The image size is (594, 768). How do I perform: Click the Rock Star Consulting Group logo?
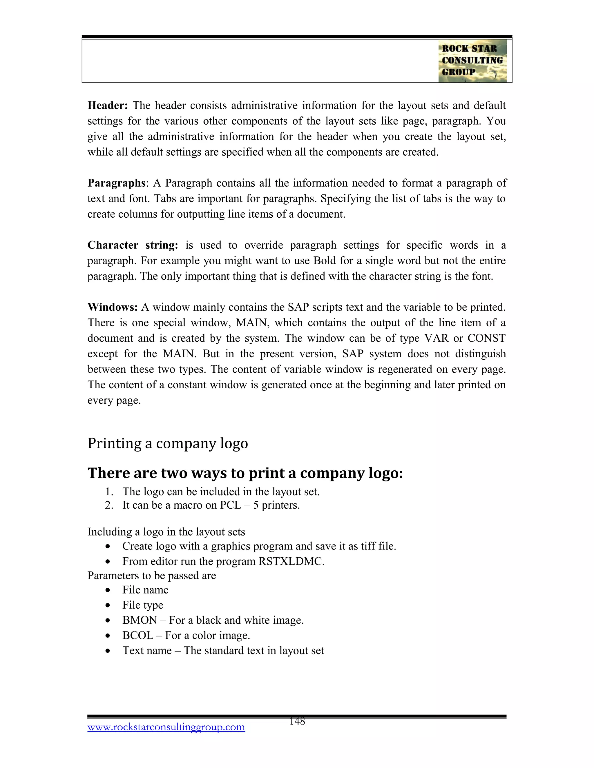(x=472, y=61)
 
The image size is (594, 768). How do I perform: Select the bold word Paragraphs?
(x=116, y=183)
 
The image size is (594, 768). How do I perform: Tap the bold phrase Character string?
(x=133, y=245)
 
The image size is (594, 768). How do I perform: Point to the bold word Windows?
(x=112, y=307)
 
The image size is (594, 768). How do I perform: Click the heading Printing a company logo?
(x=168, y=443)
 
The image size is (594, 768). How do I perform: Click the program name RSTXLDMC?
(x=291, y=561)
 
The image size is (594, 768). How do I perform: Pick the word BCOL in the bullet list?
(x=137, y=636)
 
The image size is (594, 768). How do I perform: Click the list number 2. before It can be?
(x=109, y=505)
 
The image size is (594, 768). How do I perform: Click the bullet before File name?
(x=108, y=590)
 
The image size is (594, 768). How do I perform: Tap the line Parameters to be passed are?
(x=152, y=576)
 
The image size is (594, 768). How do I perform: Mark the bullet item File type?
(x=142, y=605)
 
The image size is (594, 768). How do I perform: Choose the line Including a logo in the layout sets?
(x=166, y=532)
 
